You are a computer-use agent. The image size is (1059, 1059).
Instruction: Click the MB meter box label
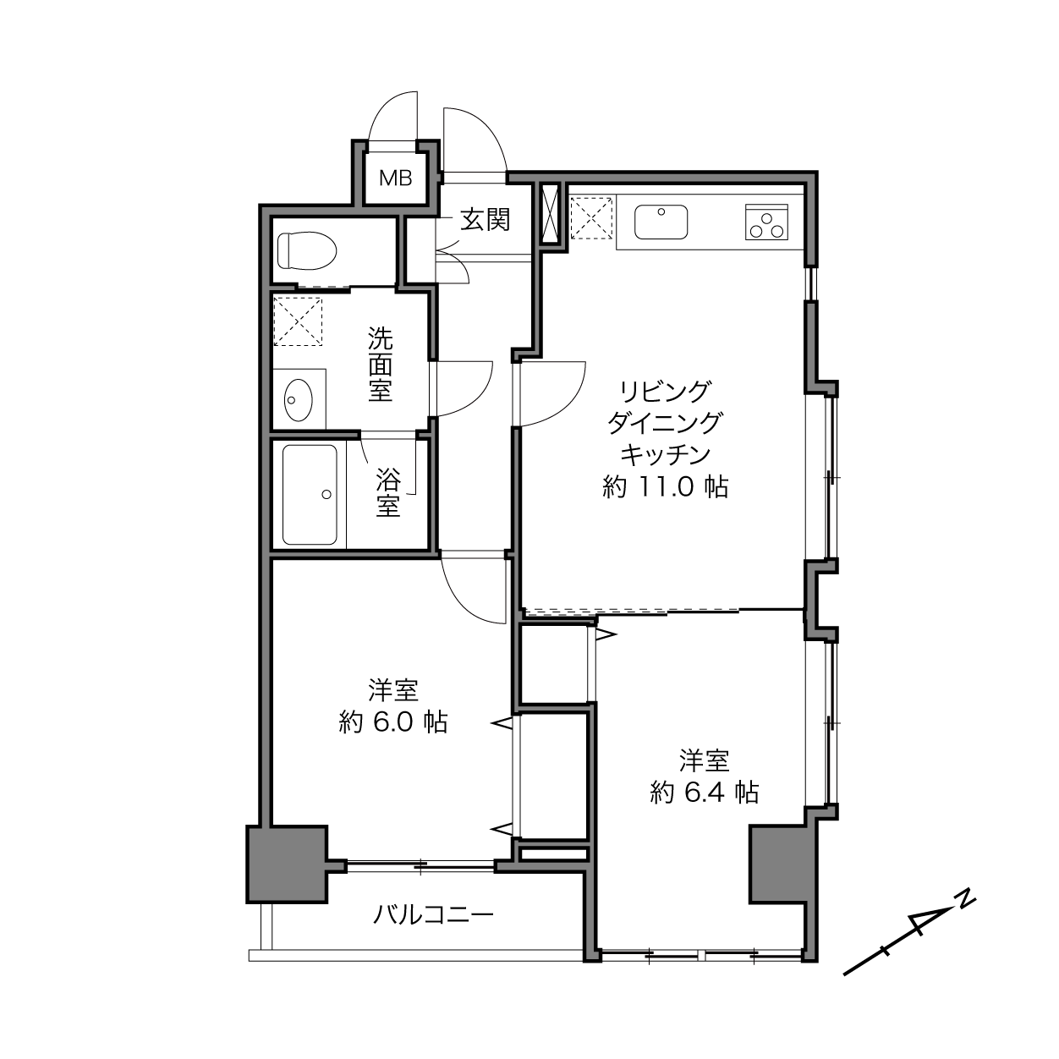(396, 178)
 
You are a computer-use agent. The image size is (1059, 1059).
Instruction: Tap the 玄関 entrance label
(486, 220)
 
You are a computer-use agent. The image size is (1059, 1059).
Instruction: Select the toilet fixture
(307, 250)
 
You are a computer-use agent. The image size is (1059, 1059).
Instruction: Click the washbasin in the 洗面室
(299, 399)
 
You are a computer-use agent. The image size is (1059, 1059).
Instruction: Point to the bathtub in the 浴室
(310, 495)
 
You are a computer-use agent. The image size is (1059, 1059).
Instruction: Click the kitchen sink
(661, 222)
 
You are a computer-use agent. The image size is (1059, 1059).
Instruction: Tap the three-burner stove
(766, 222)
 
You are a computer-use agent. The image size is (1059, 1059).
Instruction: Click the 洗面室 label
(381, 365)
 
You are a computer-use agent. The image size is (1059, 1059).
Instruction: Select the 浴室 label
(388, 491)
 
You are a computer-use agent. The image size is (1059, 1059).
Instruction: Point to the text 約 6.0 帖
(393, 722)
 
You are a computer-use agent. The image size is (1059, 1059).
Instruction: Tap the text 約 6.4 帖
(704, 793)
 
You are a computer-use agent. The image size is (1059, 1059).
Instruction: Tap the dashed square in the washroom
(298, 321)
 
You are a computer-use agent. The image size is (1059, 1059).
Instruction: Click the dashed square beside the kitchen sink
(591, 219)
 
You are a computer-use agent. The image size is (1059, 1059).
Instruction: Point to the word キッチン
(665, 455)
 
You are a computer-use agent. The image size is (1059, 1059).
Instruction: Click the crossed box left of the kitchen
(550, 214)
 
